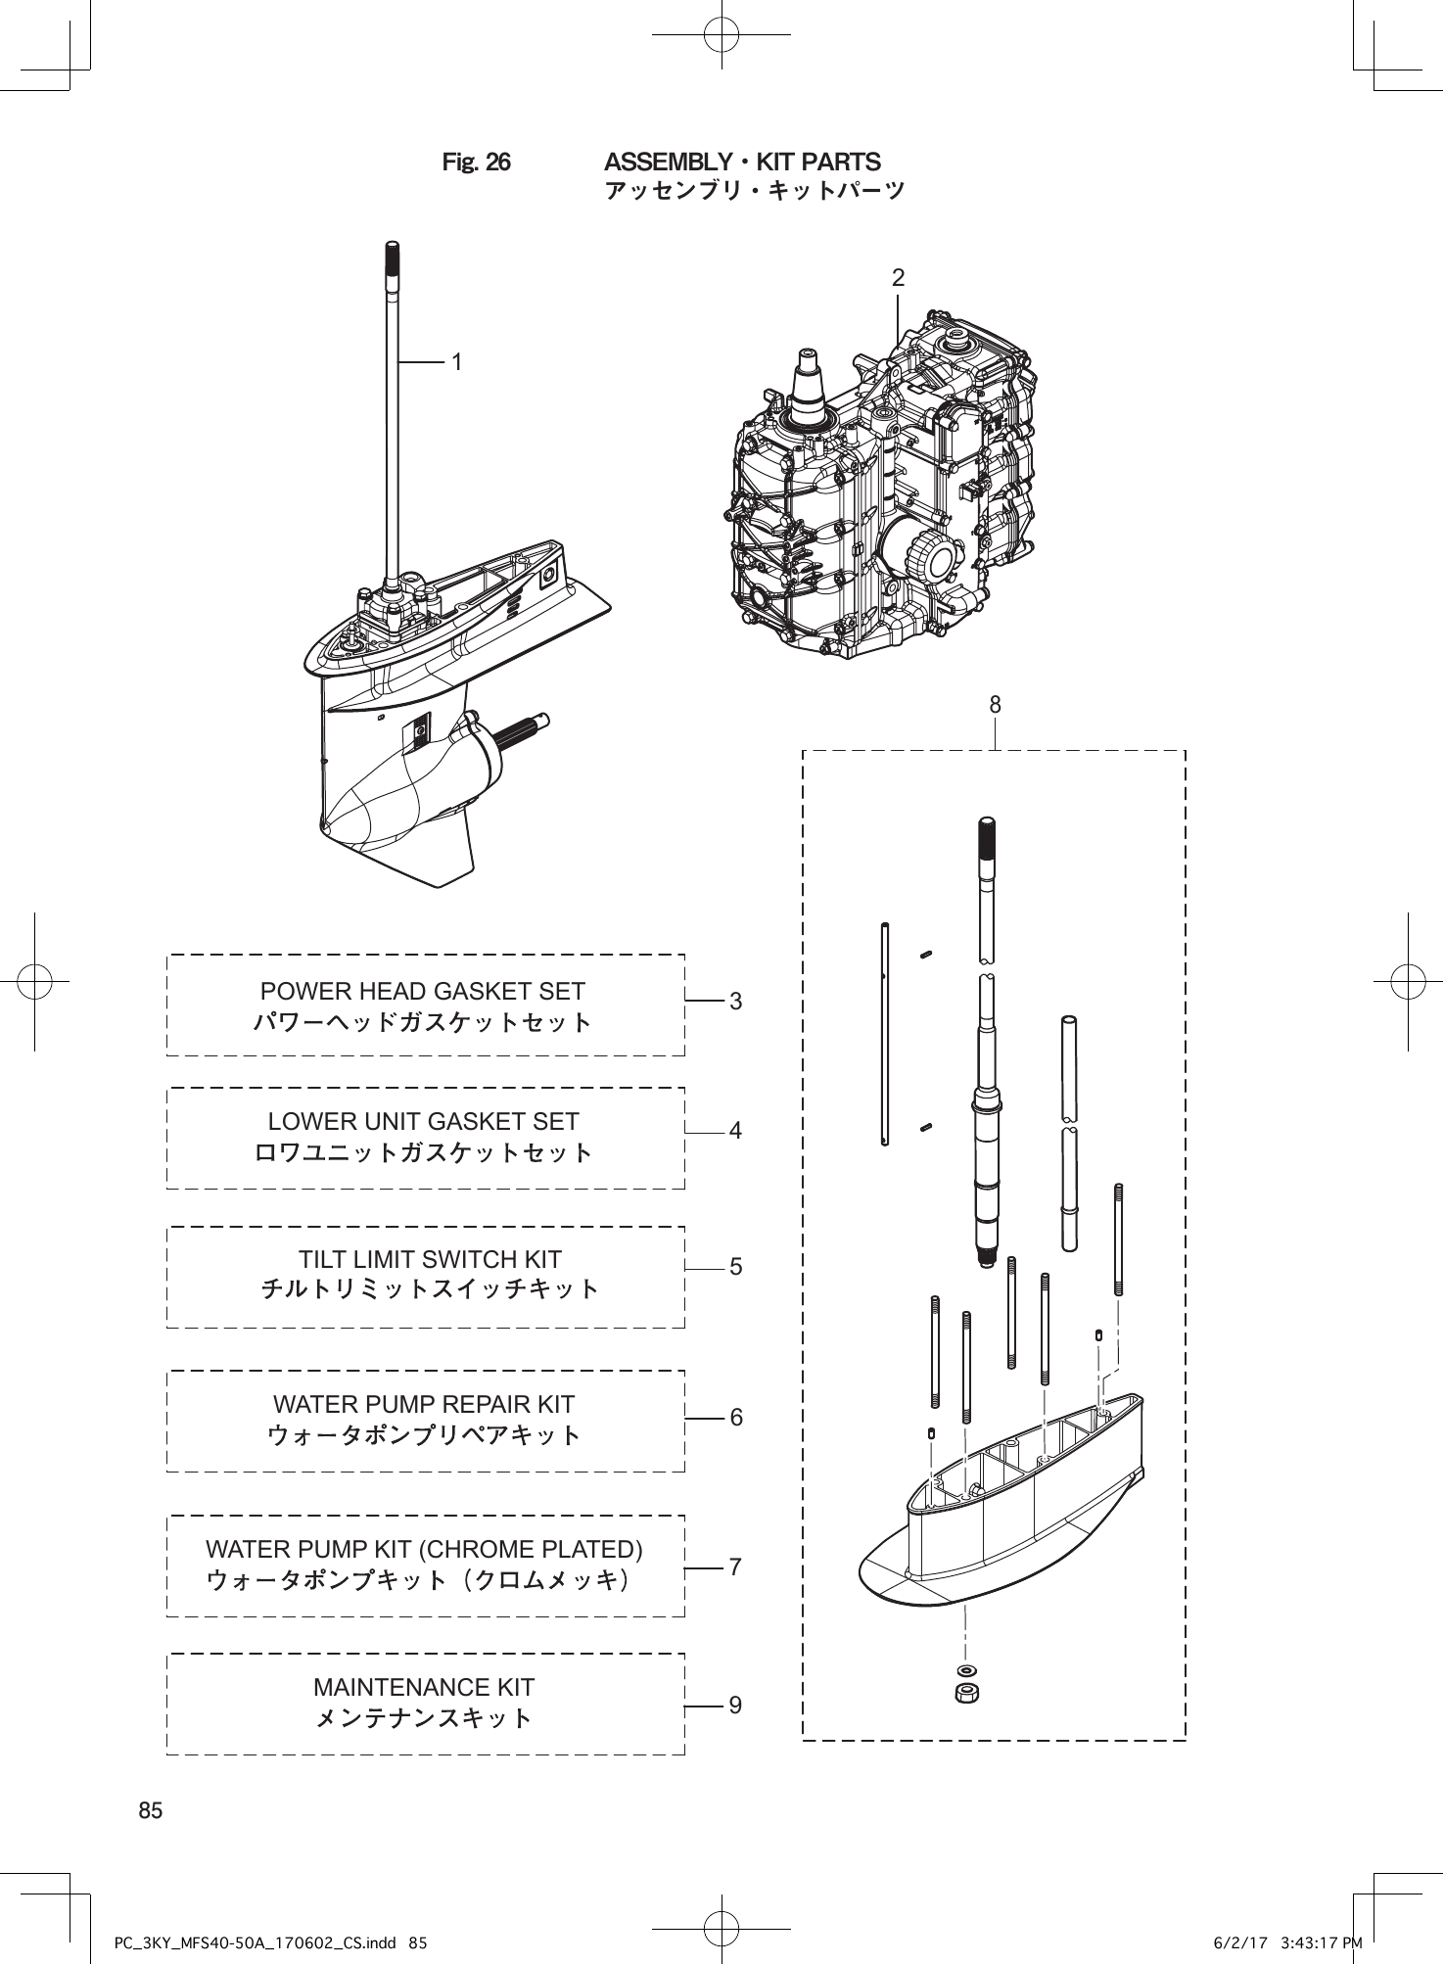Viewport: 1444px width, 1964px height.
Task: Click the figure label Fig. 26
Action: (x=476, y=163)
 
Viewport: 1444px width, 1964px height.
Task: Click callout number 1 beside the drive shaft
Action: (x=456, y=362)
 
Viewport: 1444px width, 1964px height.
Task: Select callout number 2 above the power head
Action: (x=898, y=278)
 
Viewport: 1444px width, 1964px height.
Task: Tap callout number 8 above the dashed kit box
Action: (x=995, y=704)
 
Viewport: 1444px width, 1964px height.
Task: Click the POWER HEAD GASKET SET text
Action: (x=423, y=991)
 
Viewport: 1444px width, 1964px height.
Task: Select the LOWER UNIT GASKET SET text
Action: (x=423, y=1121)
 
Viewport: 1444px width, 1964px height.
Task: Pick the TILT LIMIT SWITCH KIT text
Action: (x=430, y=1259)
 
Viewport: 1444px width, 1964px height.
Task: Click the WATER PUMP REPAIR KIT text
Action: (x=423, y=1404)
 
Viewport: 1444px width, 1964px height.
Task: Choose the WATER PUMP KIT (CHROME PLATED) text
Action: (x=424, y=1549)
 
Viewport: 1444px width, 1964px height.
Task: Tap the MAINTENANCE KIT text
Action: (x=424, y=1687)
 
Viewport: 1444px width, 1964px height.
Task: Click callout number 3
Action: (x=735, y=1002)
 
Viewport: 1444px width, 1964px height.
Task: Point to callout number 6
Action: (x=735, y=1417)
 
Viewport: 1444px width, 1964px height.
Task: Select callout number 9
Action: (x=735, y=1705)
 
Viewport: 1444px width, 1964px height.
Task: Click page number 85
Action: (x=151, y=1810)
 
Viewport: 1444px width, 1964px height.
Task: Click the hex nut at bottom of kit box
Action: (x=967, y=1693)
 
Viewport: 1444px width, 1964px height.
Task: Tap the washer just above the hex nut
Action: (x=967, y=1669)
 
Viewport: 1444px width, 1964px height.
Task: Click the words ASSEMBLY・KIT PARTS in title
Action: (x=742, y=163)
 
